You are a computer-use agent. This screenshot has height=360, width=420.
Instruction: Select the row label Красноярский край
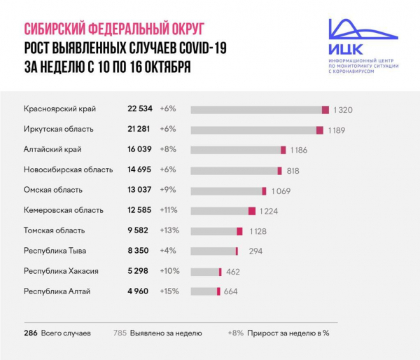(x=59, y=109)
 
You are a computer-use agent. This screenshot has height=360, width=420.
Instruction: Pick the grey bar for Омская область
(x=225, y=191)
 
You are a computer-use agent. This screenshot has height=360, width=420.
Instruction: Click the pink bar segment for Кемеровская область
(x=252, y=211)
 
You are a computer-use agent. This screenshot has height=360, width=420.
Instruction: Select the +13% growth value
(x=170, y=230)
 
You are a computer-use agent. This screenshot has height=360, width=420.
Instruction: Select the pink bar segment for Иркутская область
(x=320, y=130)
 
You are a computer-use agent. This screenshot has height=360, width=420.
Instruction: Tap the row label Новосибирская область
(x=68, y=170)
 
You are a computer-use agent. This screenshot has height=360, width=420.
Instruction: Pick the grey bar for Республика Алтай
(x=204, y=291)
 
